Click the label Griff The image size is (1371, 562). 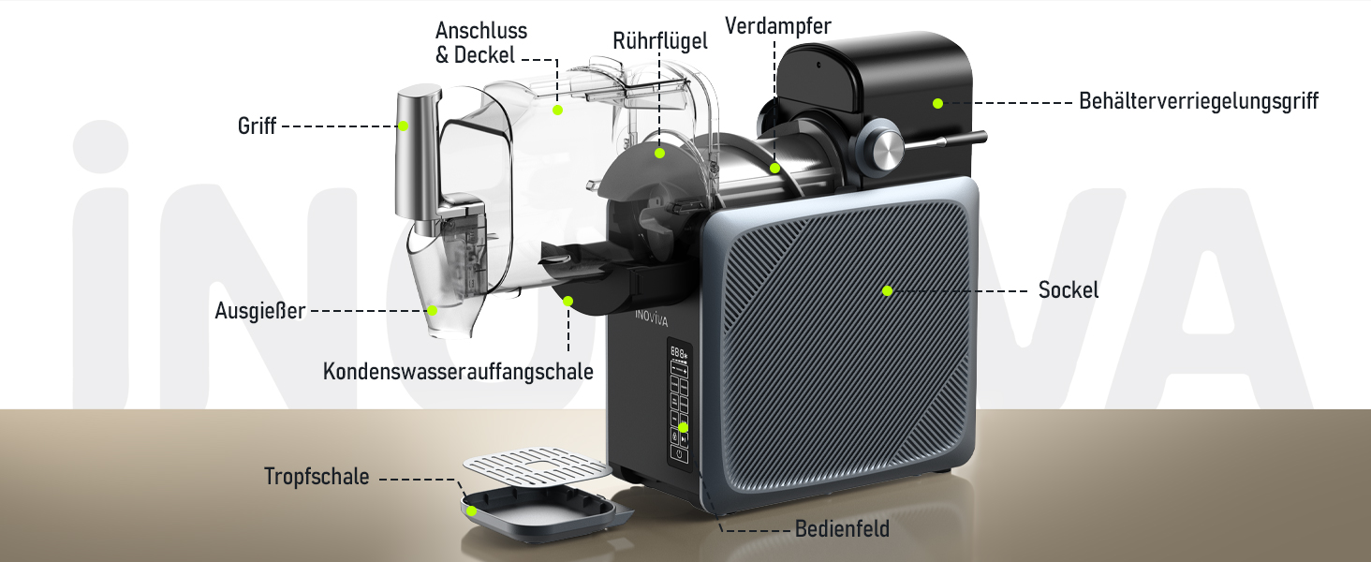[x=257, y=126]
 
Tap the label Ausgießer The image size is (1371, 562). [x=259, y=311]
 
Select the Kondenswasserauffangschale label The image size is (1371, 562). [x=458, y=372]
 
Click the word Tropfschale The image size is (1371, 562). [x=317, y=476]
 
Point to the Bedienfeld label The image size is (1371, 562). [x=842, y=529]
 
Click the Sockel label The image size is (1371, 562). [x=1068, y=290]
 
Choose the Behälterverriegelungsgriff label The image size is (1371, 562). [x=1199, y=101]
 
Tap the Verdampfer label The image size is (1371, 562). [x=778, y=25]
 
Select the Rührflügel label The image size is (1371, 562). [x=660, y=41]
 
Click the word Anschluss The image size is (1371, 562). [x=481, y=31]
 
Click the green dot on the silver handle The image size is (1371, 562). [x=404, y=126]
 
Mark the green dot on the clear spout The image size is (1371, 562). [x=432, y=310]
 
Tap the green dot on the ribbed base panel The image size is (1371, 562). [x=888, y=290]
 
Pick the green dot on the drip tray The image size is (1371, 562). [x=471, y=510]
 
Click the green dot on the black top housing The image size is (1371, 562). [x=937, y=103]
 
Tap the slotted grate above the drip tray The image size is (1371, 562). [x=538, y=466]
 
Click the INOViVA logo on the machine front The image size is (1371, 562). [x=651, y=318]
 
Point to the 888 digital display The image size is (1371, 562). [x=678, y=352]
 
